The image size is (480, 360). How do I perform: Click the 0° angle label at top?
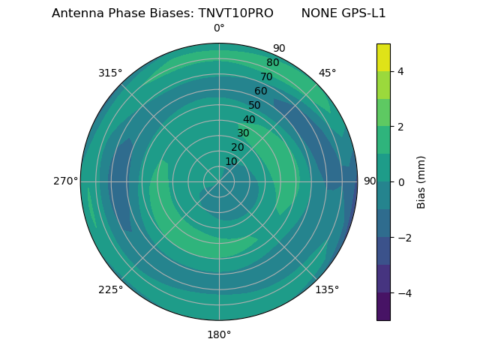[219, 28]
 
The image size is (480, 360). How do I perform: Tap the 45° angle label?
[327, 73]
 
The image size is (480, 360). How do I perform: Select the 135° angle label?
[327, 289]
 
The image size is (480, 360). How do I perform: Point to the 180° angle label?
[219, 334]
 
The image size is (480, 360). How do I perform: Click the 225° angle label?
[110, 289]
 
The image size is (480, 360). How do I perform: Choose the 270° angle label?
[65, 181]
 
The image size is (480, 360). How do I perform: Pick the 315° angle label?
[110, 73]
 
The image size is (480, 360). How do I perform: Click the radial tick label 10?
[231, 161]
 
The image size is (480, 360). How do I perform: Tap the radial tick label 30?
[243, 133]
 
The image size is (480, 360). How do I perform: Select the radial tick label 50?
[255, 105]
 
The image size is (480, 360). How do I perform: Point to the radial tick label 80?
[272, 63]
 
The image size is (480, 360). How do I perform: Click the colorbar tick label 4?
[400, 71]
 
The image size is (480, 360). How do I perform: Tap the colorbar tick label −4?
[403, 293]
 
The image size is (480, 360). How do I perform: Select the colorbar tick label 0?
[400, 182]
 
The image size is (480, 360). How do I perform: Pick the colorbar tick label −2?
[403, 238]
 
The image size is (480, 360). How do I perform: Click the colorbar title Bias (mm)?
[421, 182]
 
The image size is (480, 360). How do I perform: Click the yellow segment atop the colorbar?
[383, 57]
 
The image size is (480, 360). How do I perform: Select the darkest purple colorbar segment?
[383, 307]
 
